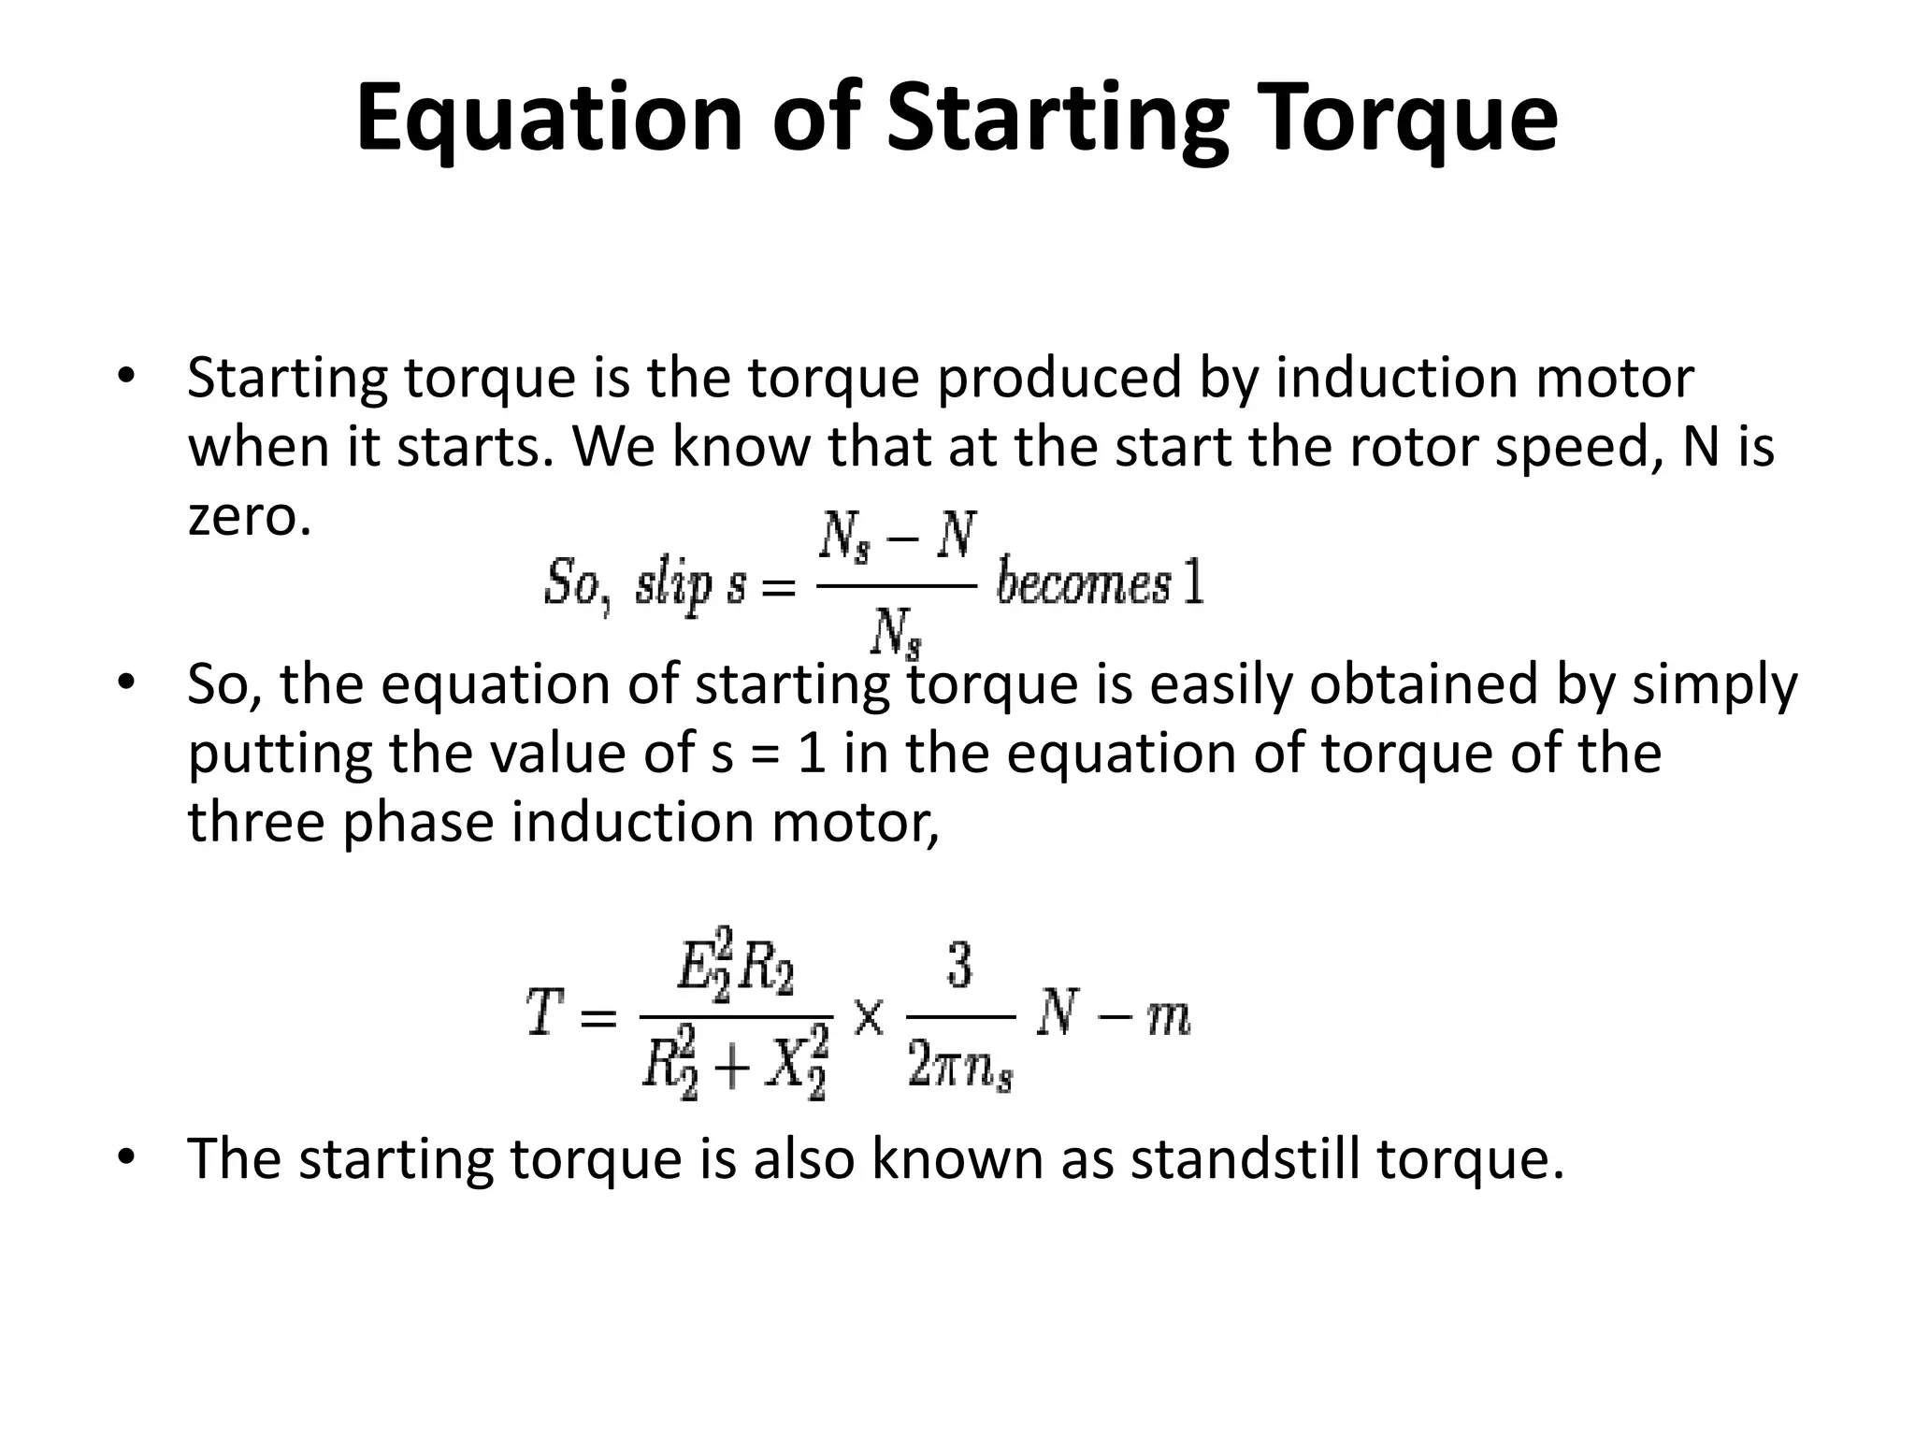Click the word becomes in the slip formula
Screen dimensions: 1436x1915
click(x=1083, y=584)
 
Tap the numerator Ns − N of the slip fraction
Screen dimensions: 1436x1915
click(x=897, y=538)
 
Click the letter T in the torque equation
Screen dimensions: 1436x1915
click(x=544, y=1013)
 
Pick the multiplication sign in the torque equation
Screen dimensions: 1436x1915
click(x=869, y=1016)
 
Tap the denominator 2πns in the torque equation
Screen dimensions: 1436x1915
click(x=959, y=1067)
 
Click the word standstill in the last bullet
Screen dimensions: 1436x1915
click(x=1245, y=1158)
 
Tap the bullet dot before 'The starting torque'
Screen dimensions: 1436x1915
click(x=126, y=1157)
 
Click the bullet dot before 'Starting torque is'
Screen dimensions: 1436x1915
click(x=126, y=377)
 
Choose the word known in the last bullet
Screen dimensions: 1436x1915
click(x=957, y=1158)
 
